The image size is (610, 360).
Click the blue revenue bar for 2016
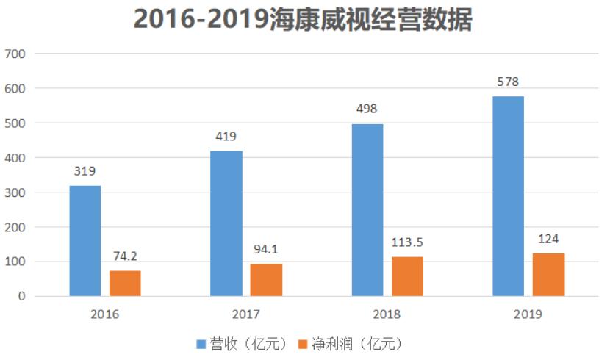click(85, 241)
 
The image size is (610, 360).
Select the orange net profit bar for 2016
click(125, 284)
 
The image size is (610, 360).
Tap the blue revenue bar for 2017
click(226, 223)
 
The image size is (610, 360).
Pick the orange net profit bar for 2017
click(266, 280)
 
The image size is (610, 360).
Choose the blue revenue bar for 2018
click(367, 210)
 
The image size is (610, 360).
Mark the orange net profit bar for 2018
click(407, 276)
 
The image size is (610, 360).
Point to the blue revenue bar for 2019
click(509, 196)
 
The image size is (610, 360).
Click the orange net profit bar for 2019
click(548, 275)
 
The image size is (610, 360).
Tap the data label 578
click(508, 82)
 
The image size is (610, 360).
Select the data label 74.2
click(126, 257)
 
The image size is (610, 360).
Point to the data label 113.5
click(408, 243)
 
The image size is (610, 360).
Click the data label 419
click(226, 137)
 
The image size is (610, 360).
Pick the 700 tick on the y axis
click(15, 54)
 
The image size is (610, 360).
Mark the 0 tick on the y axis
click(22, 296)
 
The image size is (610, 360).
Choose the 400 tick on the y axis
click(15, 158)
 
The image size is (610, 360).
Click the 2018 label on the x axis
click(387, 314)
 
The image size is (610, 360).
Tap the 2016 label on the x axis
click(105, 314)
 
